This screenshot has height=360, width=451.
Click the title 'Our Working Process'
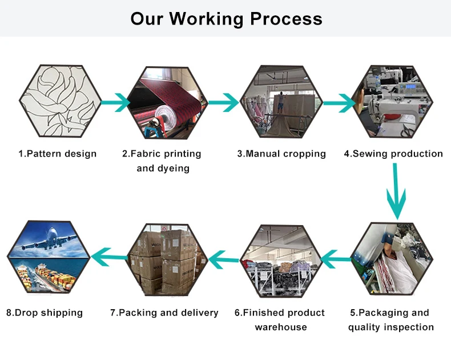pyautogui.click(x=226, y=18)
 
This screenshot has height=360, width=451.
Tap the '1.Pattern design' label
pyautogui.click(x=57, y=154)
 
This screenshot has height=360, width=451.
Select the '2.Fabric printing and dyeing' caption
pyautogui.click(x=163, y=161)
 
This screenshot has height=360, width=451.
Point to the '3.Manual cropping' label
pyautogui.click(x=281, y=154)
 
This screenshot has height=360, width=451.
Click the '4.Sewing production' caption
pyautogui.click(x=393, y=154)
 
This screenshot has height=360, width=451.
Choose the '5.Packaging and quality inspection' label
pyautogui.click(x=391, y=320)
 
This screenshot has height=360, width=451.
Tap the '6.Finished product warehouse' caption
pyautogui.click(x=280, y=320)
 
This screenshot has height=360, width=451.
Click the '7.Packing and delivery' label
pyautogui.click(x=164, y=313)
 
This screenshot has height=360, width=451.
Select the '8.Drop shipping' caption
pyautogui.click(x=45, y=313)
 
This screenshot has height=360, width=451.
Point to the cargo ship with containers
pyautogui.click(x=48, y=277)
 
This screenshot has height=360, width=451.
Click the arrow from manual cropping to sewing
pyautogui.click(x=338, y=103)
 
